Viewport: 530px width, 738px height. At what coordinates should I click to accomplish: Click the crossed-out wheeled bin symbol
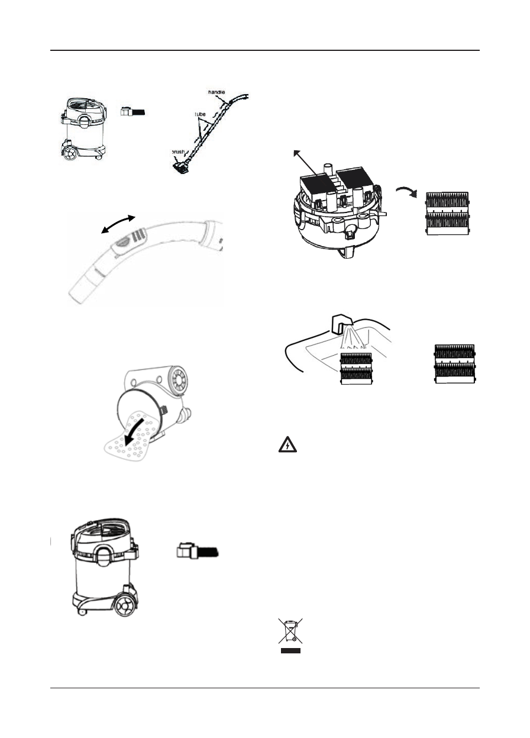[290, 632]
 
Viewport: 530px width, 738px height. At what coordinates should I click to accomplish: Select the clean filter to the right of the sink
[455, 366]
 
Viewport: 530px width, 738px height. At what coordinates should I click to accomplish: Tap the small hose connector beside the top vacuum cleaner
[132, 111]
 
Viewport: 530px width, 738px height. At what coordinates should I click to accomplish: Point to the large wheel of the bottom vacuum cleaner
[124, 606]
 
